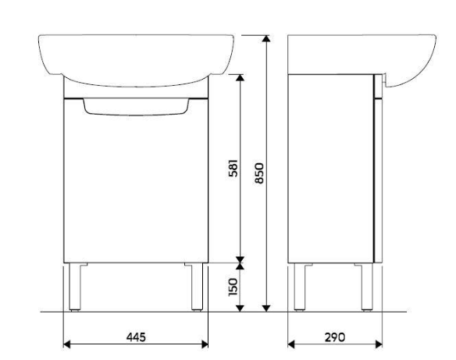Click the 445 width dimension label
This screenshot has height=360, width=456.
pyautogui.click(x=136, y=337)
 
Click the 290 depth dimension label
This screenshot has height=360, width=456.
pyautogui.click(x=334, y=337)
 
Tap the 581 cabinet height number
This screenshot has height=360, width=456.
pyautogui.click(x=233, y=168)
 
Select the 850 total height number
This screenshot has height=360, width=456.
pyautogui.click(x=258, y=173)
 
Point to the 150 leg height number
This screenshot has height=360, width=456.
pyautogui.click(x=233, y=287)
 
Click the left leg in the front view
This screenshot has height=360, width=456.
pyautogui.click(x=75, y=287)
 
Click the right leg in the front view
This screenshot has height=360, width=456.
pyautogui.click(x=198, y=287)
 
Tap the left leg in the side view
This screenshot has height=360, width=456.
pyautogui.click(x=300, y=287)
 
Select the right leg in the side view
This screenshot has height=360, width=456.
pyautogui.click(x=367, y=287)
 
